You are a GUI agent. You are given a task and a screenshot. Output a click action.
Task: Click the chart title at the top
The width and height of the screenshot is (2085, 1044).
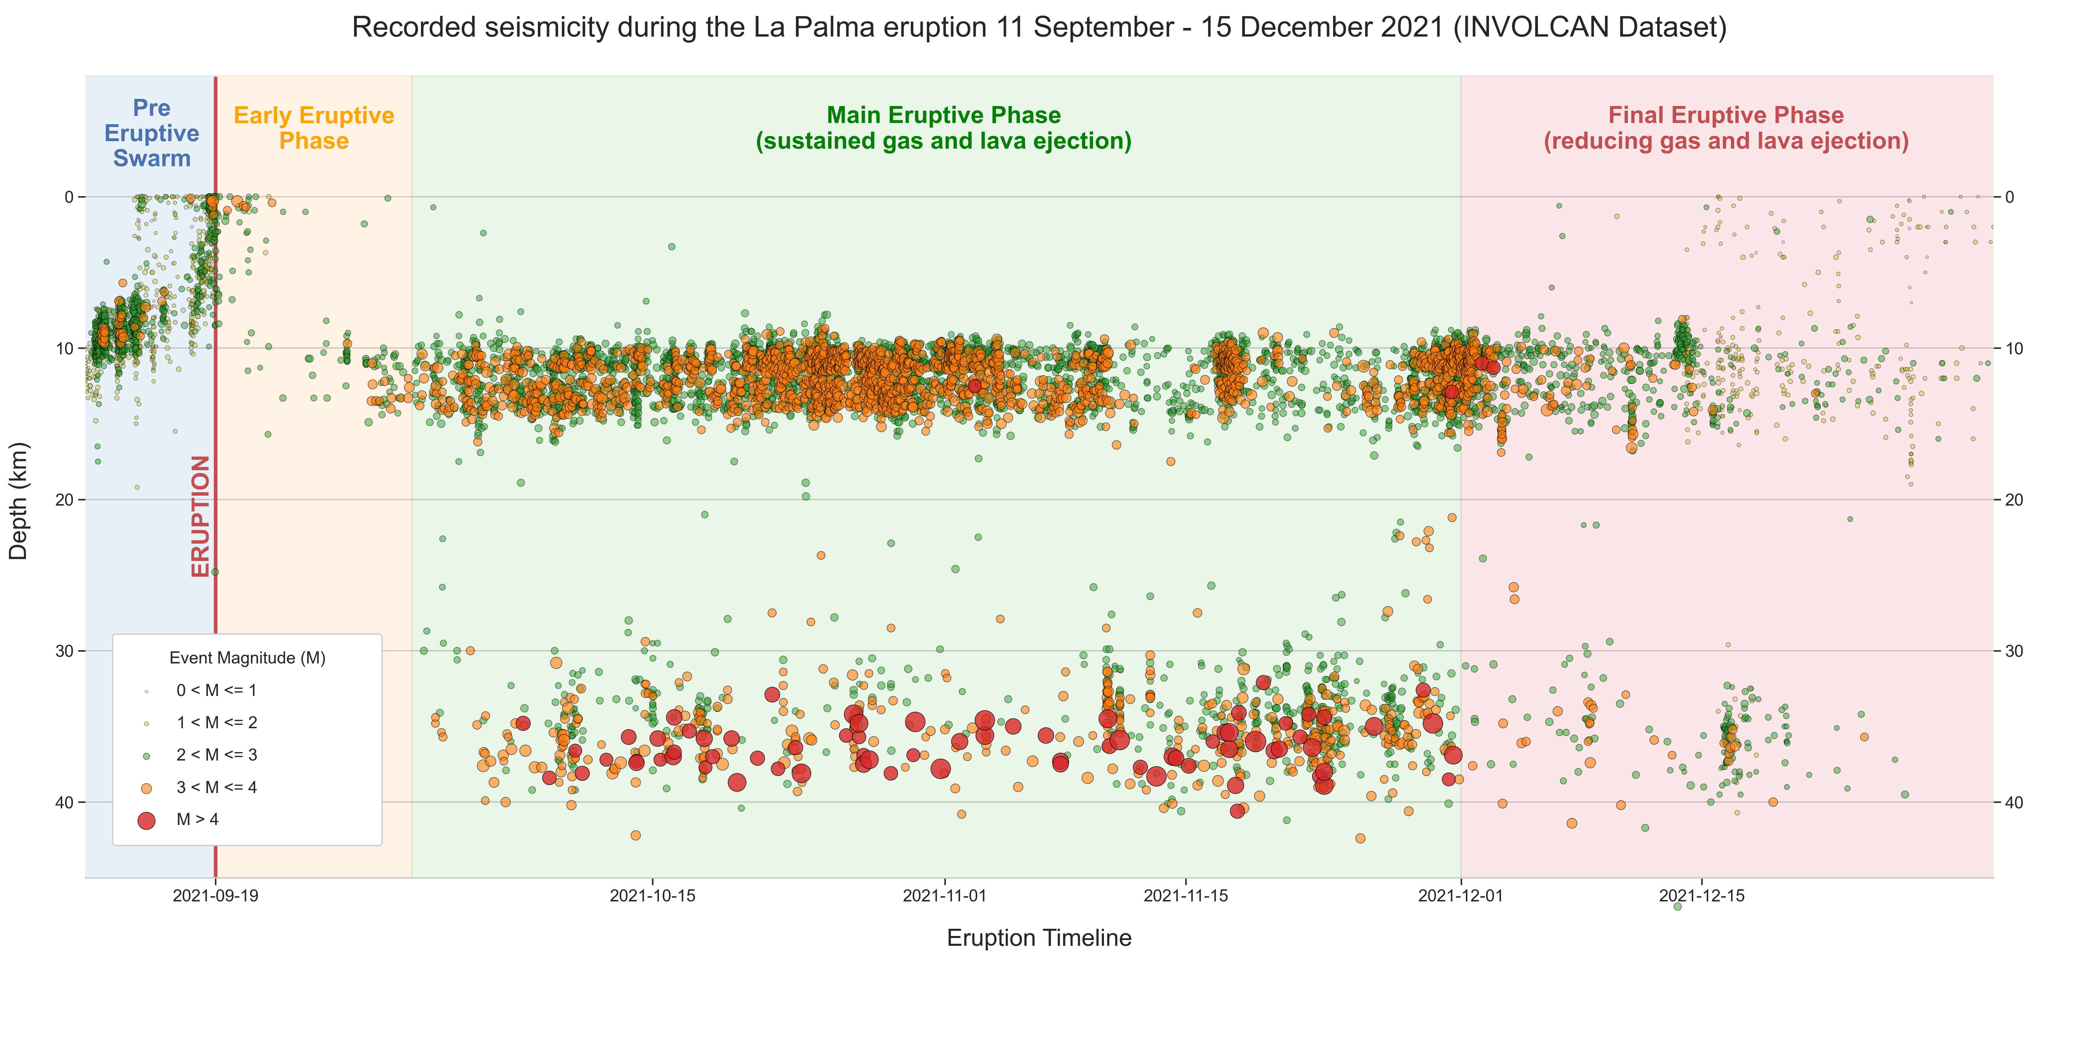coord(1039,28)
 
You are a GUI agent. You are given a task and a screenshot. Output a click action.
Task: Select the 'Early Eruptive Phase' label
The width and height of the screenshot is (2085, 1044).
coord(314,128)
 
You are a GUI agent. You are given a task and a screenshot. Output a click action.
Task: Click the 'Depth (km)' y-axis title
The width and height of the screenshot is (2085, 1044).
coord(18,500)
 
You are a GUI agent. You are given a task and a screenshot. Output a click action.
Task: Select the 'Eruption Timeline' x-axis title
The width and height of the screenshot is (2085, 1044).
coord(1039,938)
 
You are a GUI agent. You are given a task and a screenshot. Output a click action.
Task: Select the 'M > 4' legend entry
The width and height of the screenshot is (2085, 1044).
coord(197,820)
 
